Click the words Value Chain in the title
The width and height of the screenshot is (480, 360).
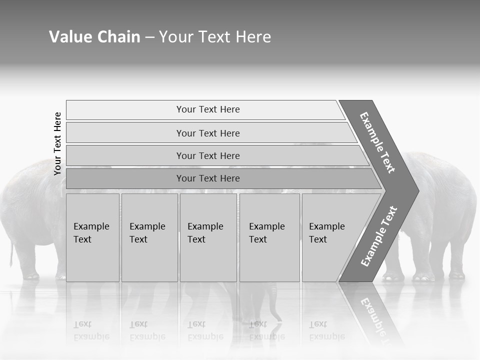tap(94, 37)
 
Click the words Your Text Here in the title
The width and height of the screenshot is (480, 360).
tap(215, 37)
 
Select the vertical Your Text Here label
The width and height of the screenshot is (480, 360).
tap(57, 143)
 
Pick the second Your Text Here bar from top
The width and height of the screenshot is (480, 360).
tap(208, 133)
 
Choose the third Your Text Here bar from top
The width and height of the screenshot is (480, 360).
tap(208, 155)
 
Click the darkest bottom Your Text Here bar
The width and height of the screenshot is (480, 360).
tap(208, 178)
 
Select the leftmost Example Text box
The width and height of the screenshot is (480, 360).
tap(92, 237)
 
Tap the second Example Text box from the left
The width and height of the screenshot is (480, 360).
tap(149, 237)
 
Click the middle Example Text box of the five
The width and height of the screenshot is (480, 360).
tap(208, 237)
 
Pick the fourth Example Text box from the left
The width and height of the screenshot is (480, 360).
tap(269, 237)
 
